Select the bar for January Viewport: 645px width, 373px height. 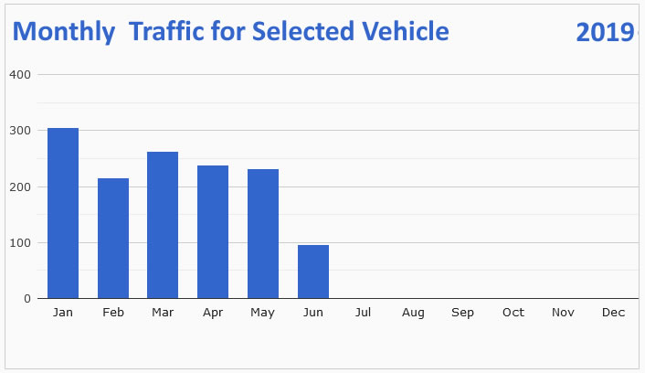pyautogui.click(x=63, y=213)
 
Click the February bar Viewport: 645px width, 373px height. pyautogui.click(x=113, y=238)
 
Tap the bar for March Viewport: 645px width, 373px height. pyautogui.click(x=163, y=225)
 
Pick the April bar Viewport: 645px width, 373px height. pyautogui.click(x=213, y=231)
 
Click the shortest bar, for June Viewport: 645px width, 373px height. pyautogui.click(x=313, y=272)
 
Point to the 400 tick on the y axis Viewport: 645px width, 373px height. pyautogui.click(x=21, y=74)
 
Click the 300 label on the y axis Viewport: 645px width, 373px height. pyautogui.click(x=21, y=131)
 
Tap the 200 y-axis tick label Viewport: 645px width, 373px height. pyautogui.click(x=21, y=186)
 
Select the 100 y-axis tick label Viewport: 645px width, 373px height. pyautogui.click(x=21, y=243)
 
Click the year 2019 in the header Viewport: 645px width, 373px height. pyautogui.click(x=605, y=32)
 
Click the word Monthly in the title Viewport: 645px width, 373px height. pyautogui.click(x=64, y=32)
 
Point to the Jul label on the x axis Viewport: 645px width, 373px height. pyautogui.click(x=363, y=313)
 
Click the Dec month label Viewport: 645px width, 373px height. pyautogui.click(x=613, y=313)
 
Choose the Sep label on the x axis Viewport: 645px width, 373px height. pyautogui.click(x=463, y=313)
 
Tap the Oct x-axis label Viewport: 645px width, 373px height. pyautogui.click(x=513, y=313)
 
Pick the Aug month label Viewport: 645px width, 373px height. pyautogui.click(x=413, y=313)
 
